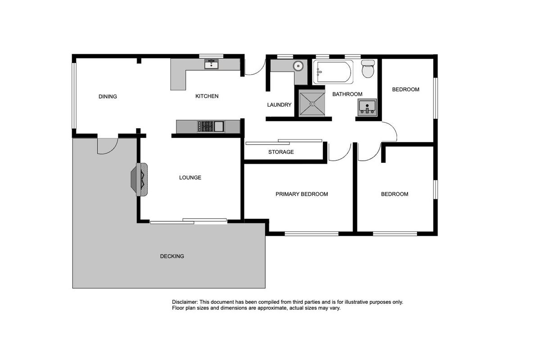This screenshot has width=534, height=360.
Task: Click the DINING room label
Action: click(108, 97)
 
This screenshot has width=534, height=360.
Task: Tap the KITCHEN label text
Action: click(207, 96)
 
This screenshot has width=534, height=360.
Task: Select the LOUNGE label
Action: click(190, 178)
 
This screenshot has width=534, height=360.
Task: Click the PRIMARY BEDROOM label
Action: click(301, 194)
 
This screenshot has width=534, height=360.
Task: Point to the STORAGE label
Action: click(281, 152)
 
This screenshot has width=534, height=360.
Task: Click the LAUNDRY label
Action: click(279, 105)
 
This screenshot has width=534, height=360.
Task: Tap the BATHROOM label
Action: click(347, 94)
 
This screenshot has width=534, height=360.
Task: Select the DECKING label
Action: click(172, 256)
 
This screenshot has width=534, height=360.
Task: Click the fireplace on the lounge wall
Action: click(140, 179)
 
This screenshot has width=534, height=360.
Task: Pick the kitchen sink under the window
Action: click(211, 64)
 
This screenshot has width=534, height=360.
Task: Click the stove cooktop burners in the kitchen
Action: click(205, 126)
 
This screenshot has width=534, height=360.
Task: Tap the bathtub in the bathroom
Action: click(333, 72)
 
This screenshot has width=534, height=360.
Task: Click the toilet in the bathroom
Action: click(368, 69)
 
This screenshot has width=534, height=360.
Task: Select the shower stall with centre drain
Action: click(312, 103)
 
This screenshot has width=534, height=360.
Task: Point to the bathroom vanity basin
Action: click(367, 108)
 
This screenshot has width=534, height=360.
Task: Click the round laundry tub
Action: click(299, 66)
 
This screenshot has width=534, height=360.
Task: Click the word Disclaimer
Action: click(185, 302)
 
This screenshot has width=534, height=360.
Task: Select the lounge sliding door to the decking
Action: click(188, 221)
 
